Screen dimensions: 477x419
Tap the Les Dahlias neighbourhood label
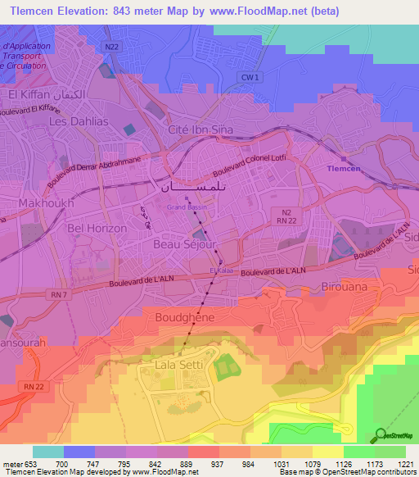[x=79, y=121]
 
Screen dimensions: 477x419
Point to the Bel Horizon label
[x=97, y=228]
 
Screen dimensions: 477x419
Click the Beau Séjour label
[x=184, y=244]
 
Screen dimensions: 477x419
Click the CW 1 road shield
[x=252, y=77]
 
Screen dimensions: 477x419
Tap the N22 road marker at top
[x=112, y=48]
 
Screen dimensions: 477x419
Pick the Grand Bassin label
[x=184, y=207]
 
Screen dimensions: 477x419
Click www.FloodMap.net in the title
[x=250, y=11]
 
